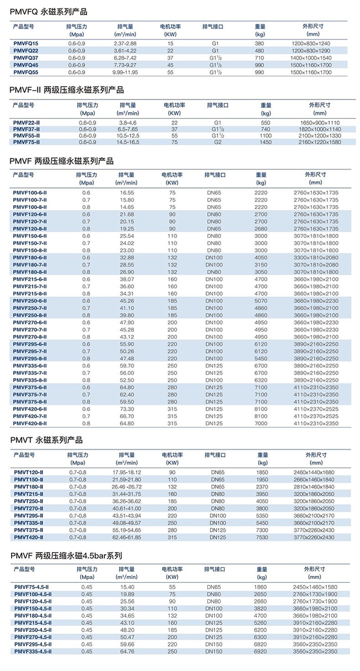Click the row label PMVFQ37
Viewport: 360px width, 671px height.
click(x=26, y=58)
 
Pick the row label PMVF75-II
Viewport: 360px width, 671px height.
click(x=26, y=143)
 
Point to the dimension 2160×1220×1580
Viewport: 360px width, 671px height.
click(x=320, y=143)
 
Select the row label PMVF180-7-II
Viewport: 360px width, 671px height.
click(x=30, y=265)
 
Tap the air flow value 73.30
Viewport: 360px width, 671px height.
click(x=126, y=409)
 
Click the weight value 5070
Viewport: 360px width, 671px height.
click(x=261, y=301)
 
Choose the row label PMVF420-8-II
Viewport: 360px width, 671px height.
click(x=30, y=424)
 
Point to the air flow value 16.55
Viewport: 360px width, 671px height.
click(x=126, y=193)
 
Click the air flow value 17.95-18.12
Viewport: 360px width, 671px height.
click(x=127, y=472)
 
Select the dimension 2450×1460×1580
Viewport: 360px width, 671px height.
click(x=314, y=587)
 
